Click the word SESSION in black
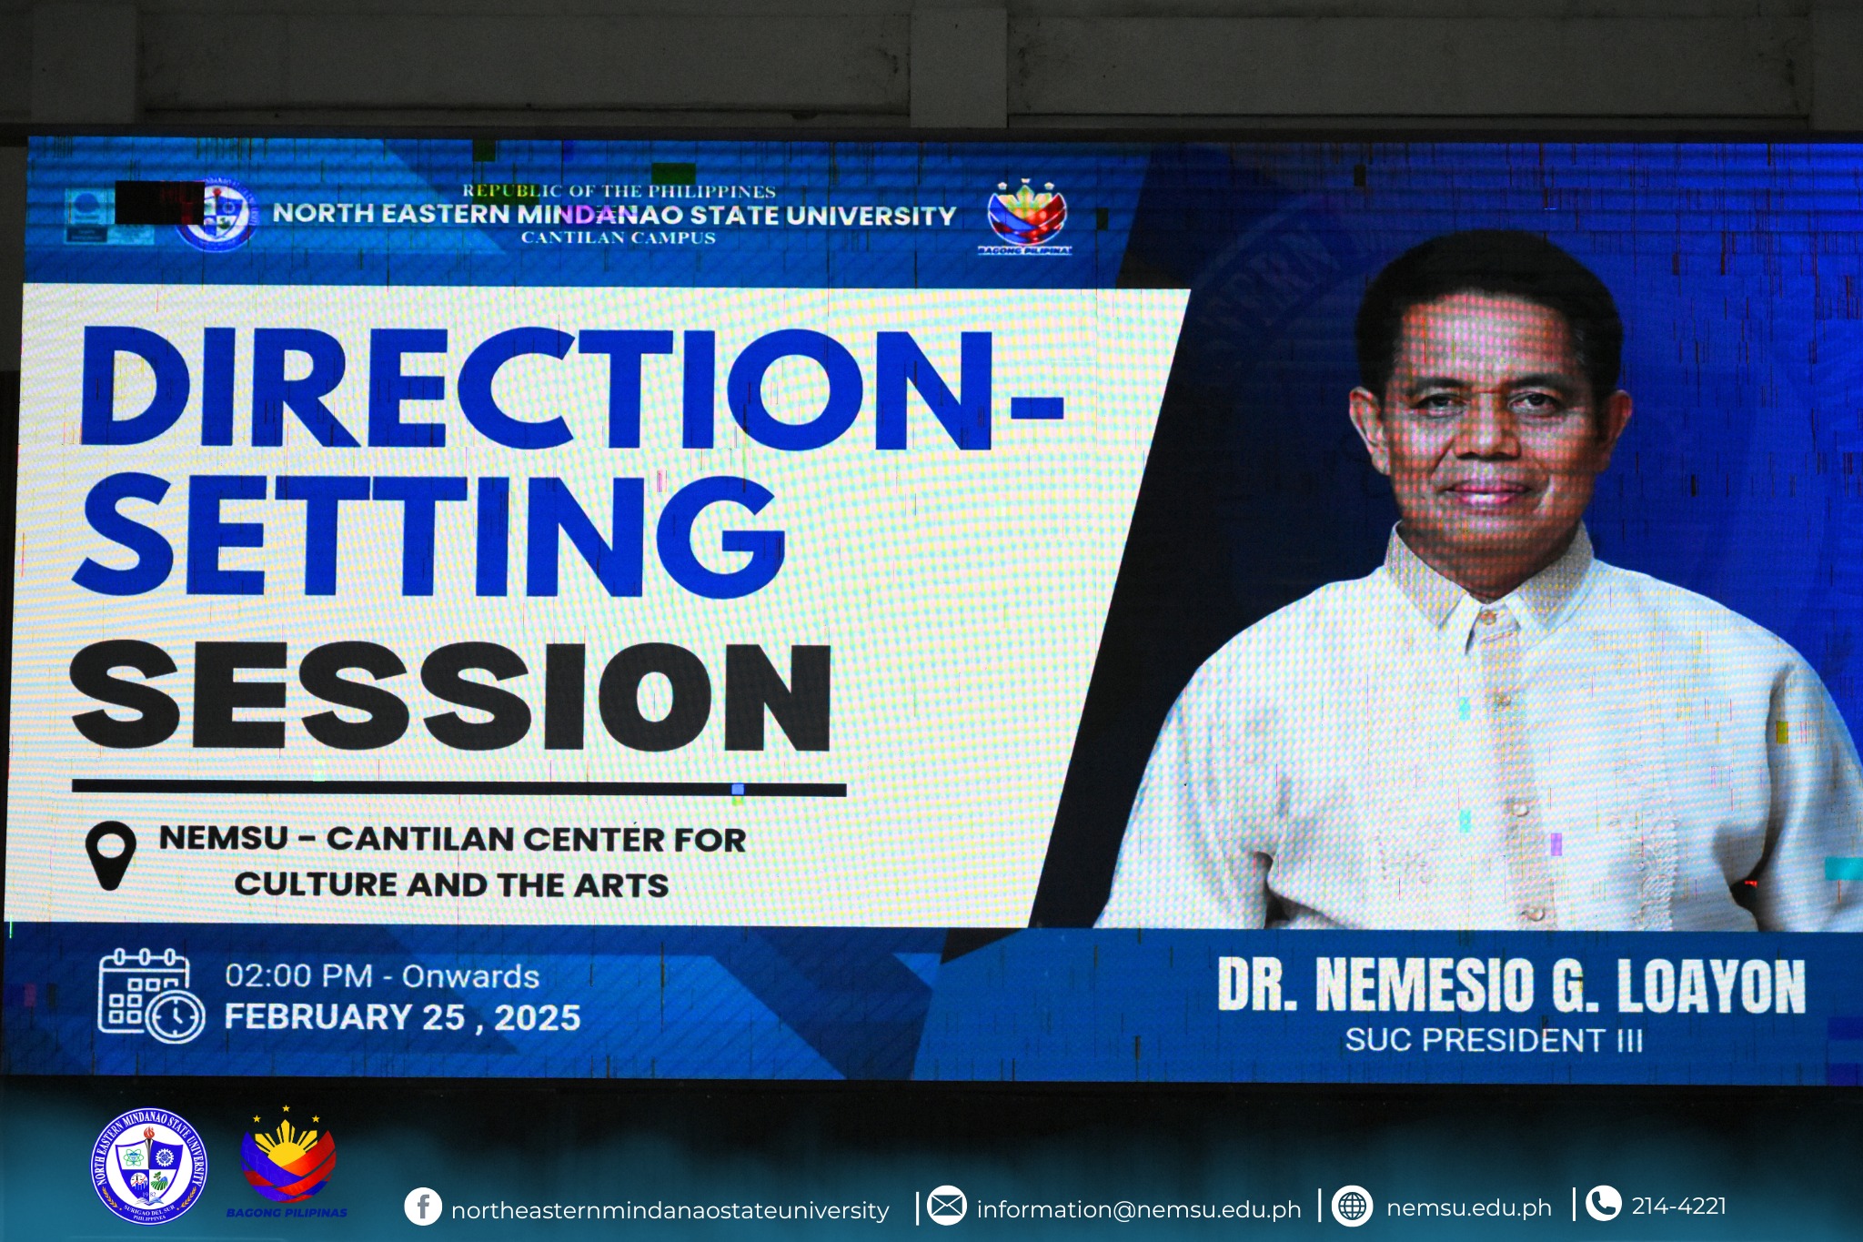pyautogui.click(x=451, y=697)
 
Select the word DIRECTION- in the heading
pyautogui.click(x=571, y=389)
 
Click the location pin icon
pyautogui.click(x=110, y=854)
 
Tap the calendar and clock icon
pyautogui.click(x=150, y=995)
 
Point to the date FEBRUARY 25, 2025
pyautogui.click(x=402, y=1017)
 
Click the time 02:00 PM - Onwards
pyautogui.click(x=382, y=976)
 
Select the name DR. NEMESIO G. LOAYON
pyautogui.click(x=1511, y=985)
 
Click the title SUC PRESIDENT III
pyautogui.click(x=1494, y=1040)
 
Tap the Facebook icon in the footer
pyautogui.click(x=423, y=1207)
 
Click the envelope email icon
pyautogui.click(x=947, y=1207)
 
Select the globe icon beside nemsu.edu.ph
pyautogui.click(x=1352, y=1207)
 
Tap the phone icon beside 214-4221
pyautogui.click(x=1603, y=1204)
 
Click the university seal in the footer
pyautogui.click(x=149, y=1166)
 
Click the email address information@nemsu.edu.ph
pyautogui.click(x=1139, y=1209)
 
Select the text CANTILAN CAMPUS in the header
pyautogui.click(x=619, y=238)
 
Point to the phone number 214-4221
pyautogui.click(x=1678, y=1207)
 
